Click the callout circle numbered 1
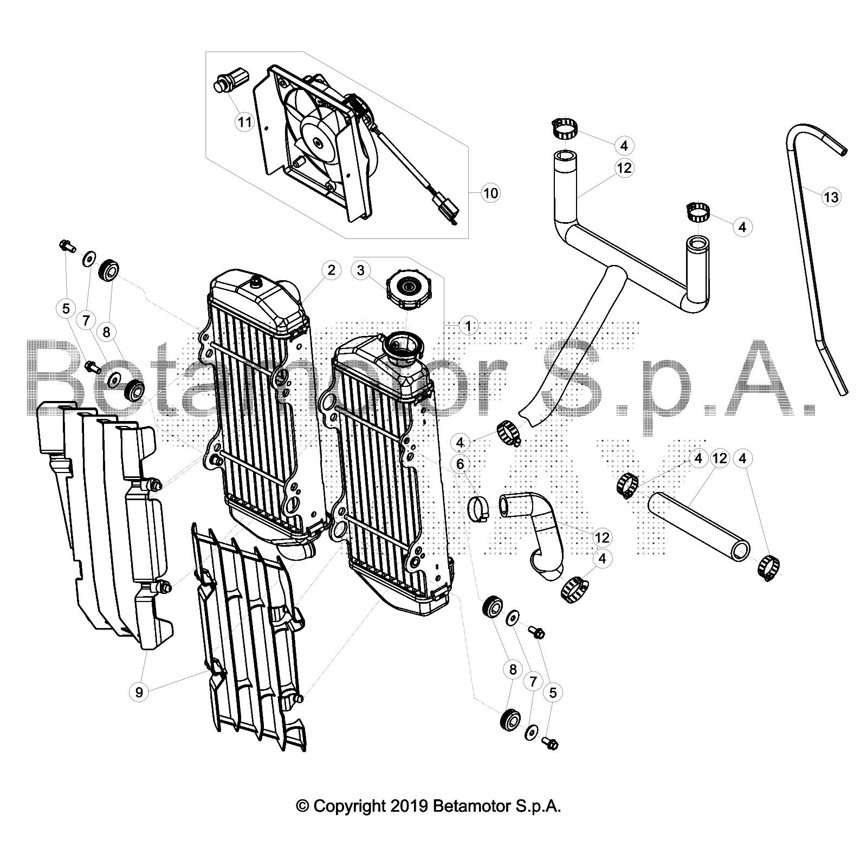468,326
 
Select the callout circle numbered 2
331,270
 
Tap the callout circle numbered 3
361,270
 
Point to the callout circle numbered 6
461,464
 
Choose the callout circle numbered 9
139,692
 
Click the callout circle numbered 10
490,193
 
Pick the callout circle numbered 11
245,122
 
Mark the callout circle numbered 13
831,197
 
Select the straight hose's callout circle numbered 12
720,459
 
